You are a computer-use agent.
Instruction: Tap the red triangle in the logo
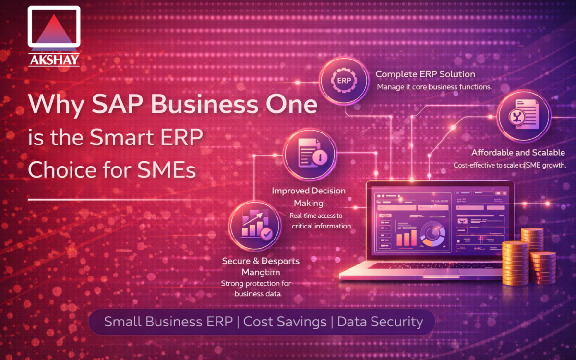point(54,32)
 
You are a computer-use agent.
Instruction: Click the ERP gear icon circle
point(344,80)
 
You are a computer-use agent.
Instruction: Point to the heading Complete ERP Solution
point(425,74)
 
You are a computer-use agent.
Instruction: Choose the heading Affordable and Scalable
point(518,153)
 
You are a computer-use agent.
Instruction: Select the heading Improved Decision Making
point(309,196)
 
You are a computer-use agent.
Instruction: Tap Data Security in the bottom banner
point(380,322)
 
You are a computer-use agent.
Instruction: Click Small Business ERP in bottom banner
point(169,322)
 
